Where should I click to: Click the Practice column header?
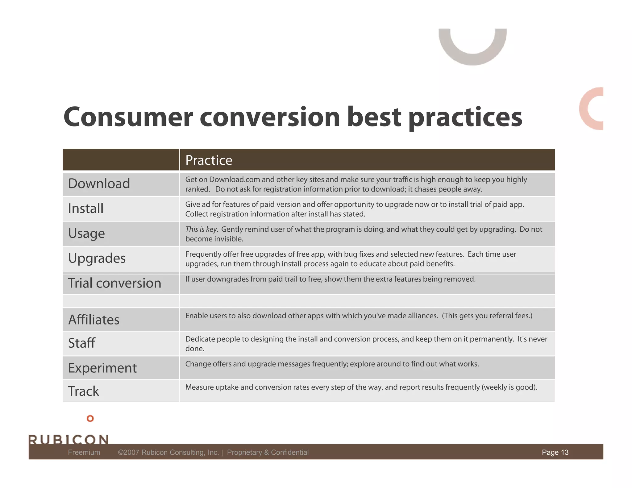(209, 160)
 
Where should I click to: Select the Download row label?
(99, 184)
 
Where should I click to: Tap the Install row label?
(85, 209)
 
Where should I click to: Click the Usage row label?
(86, 234)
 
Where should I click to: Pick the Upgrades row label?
(97, 258)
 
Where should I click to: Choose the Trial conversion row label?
(114, 283)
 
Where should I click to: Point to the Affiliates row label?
(94, 320)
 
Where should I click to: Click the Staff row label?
(81, 343)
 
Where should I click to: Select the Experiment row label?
(102, 368)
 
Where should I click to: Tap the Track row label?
(83, 391)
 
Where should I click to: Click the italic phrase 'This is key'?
(201, 229)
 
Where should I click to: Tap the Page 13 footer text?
(555, 452)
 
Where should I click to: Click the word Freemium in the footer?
(84, 452)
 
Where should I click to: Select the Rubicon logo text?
(69, 439)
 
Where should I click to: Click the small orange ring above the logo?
(90, 419)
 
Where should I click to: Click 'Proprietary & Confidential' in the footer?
(268, 452)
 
